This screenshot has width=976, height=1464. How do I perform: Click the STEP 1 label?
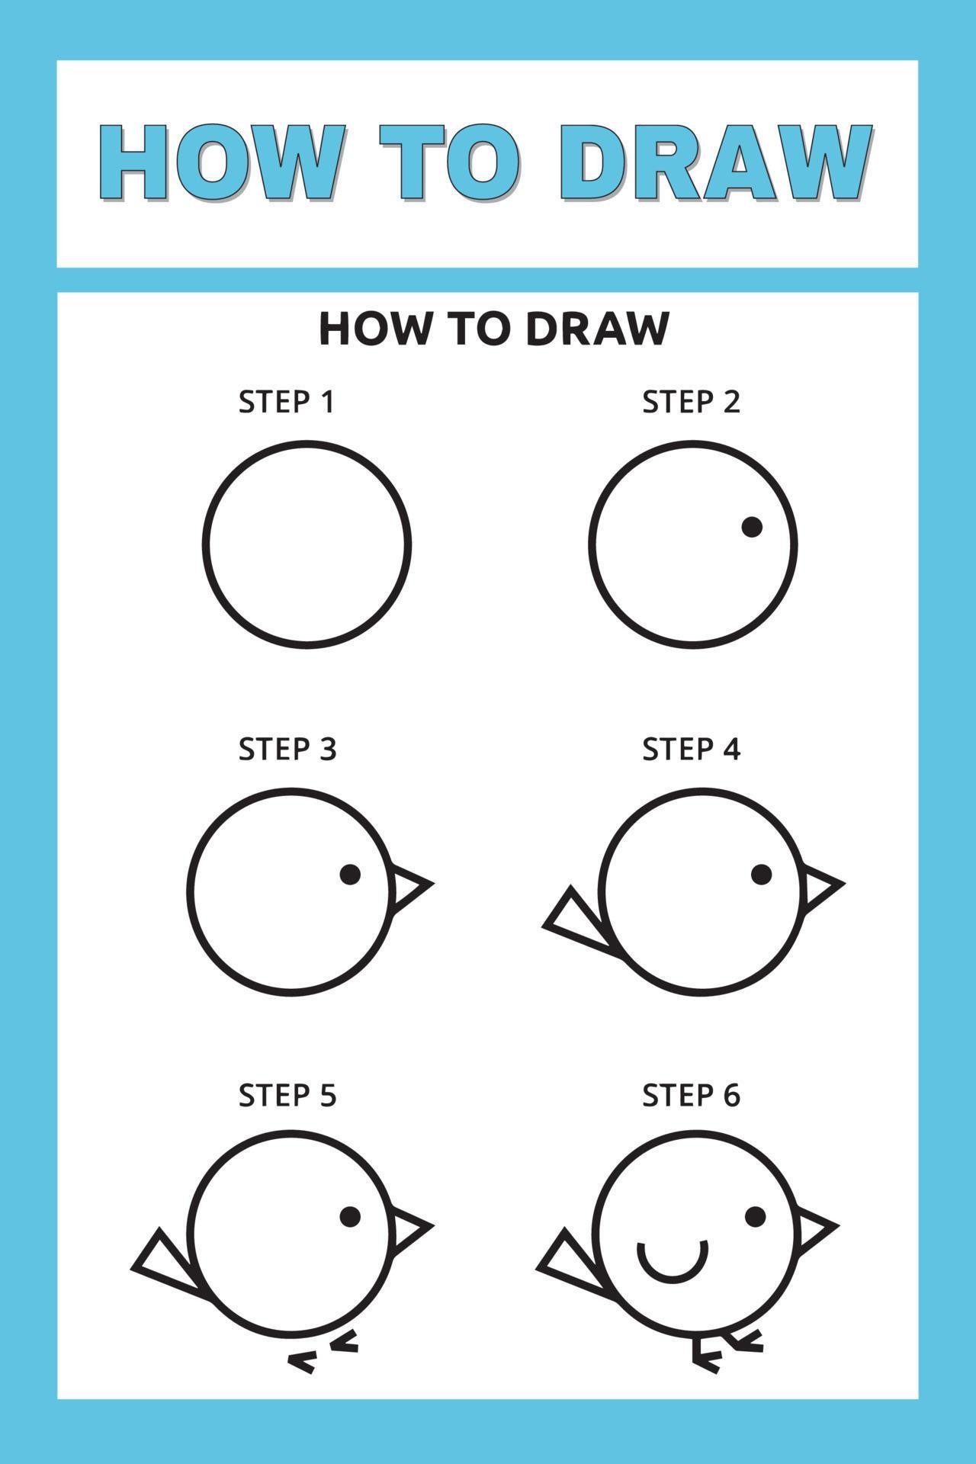pos(287,402)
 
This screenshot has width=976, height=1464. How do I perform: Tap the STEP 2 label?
pos(691,402)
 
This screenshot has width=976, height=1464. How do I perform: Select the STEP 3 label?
pos(287,750)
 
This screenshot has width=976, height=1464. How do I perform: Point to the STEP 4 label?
pos(691,750)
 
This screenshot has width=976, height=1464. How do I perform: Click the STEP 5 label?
pos(287,1096)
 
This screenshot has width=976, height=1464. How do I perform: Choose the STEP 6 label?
pos(691,1096)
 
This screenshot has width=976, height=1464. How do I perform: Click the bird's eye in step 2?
pos(752,527)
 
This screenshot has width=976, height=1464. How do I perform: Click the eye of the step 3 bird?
pos(350,875)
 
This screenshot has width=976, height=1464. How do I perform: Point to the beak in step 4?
pos(820,885)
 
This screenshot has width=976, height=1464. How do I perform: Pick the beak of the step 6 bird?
pos(814,1228)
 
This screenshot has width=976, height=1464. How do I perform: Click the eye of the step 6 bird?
pos(755,1216)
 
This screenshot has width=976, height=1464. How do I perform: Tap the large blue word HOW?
pos(221,163)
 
